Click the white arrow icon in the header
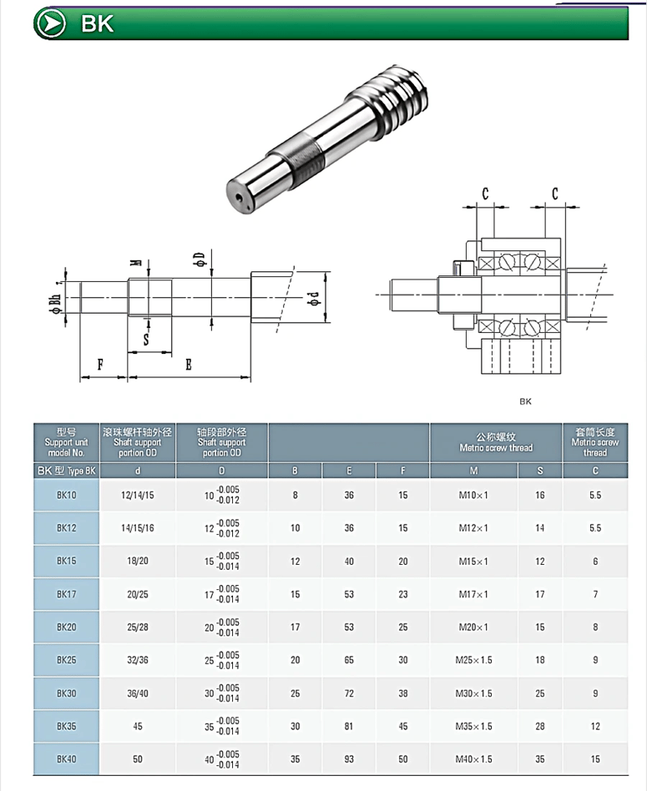[52, 23]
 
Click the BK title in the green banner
[97, 24]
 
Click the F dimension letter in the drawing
[101, 365]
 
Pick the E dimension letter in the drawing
[189, 365]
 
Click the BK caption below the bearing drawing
[525, 401]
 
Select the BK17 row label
[67, 594]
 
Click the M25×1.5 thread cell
[473, 660]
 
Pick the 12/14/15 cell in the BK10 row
[137, 495]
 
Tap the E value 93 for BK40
[349, 759]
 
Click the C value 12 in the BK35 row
[595, 726]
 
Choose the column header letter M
[473, 471]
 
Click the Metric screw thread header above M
[496, 441]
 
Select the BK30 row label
[67, 693]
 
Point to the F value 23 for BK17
[403, 594]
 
